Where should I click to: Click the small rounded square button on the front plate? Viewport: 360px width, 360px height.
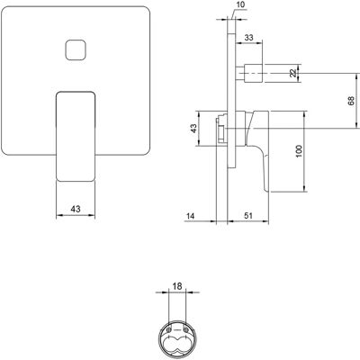click(x=76, y=50)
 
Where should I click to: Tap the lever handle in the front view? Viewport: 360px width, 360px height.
click(x=76, y=137)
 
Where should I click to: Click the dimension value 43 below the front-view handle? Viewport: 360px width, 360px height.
click(x=76, y=209)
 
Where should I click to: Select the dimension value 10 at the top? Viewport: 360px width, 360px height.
click(x=240, y=4)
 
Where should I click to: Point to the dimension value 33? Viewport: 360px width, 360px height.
click(x=248, y=38)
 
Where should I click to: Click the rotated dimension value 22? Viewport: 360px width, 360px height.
click(x=293, y=73)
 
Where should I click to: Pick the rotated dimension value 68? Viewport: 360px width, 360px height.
click(x=351, y=101)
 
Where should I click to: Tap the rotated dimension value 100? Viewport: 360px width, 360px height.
click(x=299, y=152)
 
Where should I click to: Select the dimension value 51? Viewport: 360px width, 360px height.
click(x=248, y=215)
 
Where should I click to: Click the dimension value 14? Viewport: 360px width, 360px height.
click(x=190, y=216)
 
